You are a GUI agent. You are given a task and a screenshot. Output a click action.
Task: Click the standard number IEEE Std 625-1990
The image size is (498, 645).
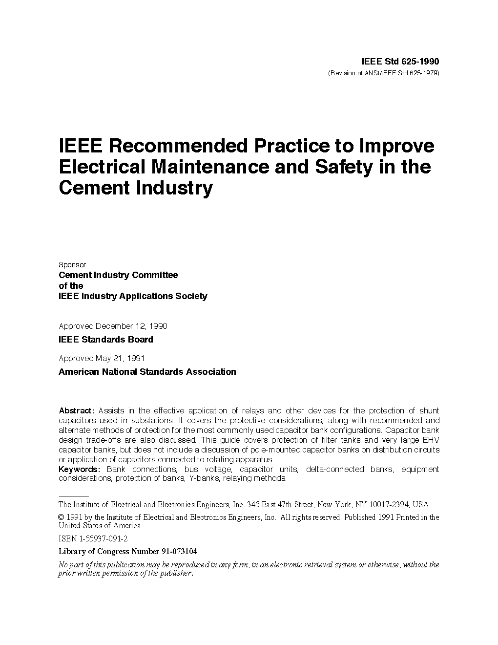coord(400,62)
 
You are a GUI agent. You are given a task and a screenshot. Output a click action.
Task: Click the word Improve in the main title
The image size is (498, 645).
coord(396,146)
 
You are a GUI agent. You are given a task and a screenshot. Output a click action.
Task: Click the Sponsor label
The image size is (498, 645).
coord(72,265)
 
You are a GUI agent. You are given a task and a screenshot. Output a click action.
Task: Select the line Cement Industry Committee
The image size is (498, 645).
coord(118,275)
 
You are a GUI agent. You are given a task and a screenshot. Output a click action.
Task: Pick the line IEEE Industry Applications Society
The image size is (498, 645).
coord(133,296)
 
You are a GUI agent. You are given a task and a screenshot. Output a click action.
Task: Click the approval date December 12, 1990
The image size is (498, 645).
coord(131,326)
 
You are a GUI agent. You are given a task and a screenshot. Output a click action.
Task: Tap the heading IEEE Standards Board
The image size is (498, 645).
coord(105,340)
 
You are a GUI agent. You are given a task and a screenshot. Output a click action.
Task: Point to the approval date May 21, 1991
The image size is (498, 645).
coord(120,358)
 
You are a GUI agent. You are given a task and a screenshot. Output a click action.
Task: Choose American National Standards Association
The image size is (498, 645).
coord(147,372)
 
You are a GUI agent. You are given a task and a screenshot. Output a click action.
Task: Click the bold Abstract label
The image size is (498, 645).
coord(76,410)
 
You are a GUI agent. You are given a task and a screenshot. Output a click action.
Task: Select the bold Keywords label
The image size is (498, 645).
coord(79,469)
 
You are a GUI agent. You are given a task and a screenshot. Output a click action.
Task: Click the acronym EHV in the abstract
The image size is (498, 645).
coord(430,440)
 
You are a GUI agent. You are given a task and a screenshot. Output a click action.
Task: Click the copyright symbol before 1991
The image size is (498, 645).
coord(62,517)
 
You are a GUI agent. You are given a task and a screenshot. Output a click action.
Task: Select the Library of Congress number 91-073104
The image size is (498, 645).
coord(179,552)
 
